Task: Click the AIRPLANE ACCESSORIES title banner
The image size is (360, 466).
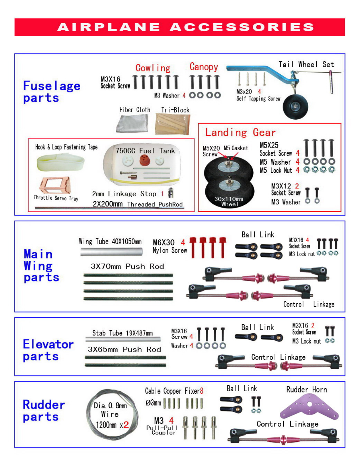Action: point(180,27)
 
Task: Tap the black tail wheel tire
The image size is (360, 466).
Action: point(296,106)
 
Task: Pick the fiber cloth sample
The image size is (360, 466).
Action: point(132,123)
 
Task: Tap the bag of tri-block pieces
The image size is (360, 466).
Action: point(173,124)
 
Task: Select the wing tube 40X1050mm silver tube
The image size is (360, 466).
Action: point(111,252)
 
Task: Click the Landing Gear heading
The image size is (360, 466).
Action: point(240,132)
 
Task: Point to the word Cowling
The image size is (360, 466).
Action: point(153,68)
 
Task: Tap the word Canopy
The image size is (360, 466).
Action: point(204,67)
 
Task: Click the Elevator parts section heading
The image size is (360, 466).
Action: point(48,350)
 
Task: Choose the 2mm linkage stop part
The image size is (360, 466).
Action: point(170,193)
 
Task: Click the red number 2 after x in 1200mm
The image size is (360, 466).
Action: point(126,424)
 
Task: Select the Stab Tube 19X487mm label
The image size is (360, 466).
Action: point(122,333)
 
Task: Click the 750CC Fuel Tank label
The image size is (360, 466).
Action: point(145,151)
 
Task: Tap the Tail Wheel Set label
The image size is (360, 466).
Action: point(306,64)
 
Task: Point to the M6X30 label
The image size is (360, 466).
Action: point(163,243)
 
